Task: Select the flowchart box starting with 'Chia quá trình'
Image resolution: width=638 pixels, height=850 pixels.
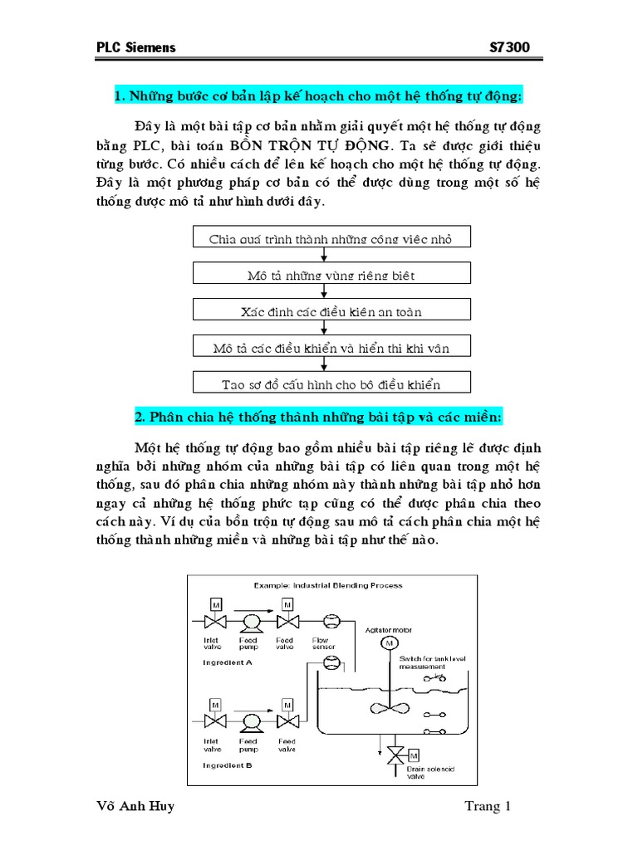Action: point(331,239)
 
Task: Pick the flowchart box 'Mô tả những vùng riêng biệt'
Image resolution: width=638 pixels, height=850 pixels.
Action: point(331,275)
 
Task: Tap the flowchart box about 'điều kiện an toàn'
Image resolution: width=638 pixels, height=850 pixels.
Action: point(331,311)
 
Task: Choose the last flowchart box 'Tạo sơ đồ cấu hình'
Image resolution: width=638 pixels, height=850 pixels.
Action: point(331,384)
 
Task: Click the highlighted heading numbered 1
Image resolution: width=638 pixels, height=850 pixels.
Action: point(318,97)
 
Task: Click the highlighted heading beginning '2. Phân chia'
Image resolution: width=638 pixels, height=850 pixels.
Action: point(318,415)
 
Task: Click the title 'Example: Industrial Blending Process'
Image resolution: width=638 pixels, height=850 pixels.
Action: point(328,585)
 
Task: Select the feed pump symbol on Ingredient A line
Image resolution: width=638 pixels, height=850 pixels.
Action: point(249,623)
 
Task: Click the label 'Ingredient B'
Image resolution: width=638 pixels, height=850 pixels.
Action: point(227,765)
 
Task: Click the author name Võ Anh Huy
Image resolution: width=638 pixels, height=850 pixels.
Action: point(136,807)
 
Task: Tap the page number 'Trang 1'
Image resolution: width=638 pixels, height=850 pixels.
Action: point(488,807)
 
